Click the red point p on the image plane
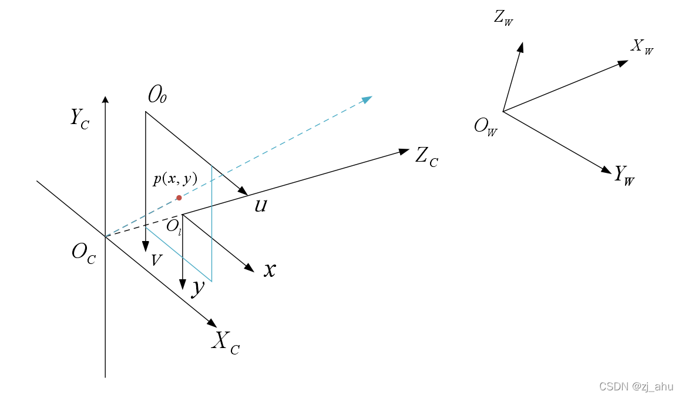pyautogui.click(x=179, y=198)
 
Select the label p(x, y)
pyautogui.click(x=175, y=179)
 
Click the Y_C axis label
pyautogui.click(x=80, y=118)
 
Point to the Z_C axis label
pyautogui.click(x=426, y=157)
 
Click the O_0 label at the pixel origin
pyautogui.click(x=157, y=94)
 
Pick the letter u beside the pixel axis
pyautogui.click(x=261, y=205)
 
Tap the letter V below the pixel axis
pyautogui.click(x=156, y=260)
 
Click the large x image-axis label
pyautogui.click(x=269, y=269)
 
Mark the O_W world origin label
pyautogui.click(x=486, y=126)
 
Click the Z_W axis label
pyautogui.click(x=503, y=18)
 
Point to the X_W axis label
pyautogui.click(x=641, y=46)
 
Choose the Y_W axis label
pyautogui.click(x=624, y=175)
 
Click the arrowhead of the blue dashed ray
pyautogui.click(x=368, y=99)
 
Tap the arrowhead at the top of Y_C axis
pyautogui.click(x=105, y=99)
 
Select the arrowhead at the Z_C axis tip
pyautogui.click(x=404, y=151)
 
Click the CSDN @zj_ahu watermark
pyautogui.click(x=636, y=386)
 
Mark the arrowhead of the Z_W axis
pyautogui.click(x=520, y=46)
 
